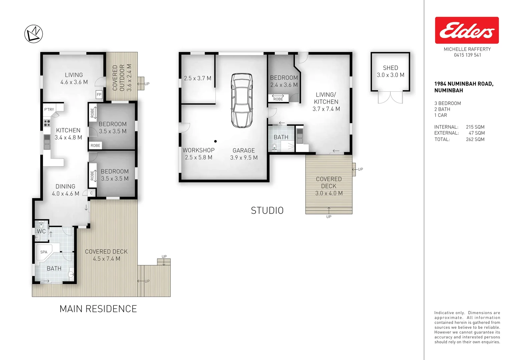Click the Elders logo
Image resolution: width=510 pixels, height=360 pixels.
coord(467,30)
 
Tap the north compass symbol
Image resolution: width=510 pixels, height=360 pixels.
coord(34,34)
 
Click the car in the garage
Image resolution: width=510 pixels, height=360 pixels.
coord(242,100)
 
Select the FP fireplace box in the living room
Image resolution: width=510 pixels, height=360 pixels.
coord(99,95)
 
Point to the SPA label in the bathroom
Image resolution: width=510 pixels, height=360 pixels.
coord(44,252)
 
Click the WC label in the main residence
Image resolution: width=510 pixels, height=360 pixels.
coord(41,231)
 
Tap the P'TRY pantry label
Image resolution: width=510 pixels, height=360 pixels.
coord(49,109)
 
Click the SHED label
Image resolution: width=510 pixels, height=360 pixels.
coord(390,68)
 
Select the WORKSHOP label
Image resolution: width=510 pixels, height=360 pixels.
coord(198,150)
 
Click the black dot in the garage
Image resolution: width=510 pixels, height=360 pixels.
coord(215,141)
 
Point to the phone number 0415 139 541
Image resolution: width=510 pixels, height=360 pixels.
coord(467,55)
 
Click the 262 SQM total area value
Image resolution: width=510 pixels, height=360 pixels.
coord(475,139)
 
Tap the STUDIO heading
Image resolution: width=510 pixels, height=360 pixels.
coord(267,210)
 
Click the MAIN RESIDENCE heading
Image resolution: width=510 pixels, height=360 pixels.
coord(98,309)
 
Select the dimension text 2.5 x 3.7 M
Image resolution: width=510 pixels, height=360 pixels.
coord(197,78)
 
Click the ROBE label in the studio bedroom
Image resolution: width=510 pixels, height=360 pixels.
coord(278,99)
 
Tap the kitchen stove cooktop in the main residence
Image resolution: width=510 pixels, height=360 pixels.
coord(47,123)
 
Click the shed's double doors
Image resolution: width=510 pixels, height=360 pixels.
coord(390,97)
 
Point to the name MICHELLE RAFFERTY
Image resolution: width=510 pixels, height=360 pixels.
coord(467,49)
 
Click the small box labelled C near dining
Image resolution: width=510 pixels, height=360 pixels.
coord(91,193)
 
